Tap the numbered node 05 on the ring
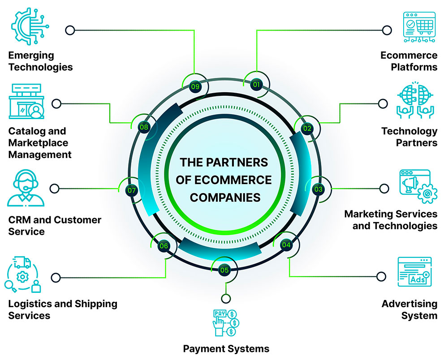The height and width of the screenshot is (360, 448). (224, 270)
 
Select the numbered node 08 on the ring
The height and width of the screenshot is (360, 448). (144, 127)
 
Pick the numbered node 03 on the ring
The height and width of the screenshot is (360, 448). (318, 189)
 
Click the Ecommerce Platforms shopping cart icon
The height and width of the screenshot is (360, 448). (419, 27)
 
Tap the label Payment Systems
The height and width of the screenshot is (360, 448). (226, 348)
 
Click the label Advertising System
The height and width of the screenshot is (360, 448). (409, 309)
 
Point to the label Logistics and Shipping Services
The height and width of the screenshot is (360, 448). (63, 309)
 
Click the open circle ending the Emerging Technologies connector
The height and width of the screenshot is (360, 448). (69, 30)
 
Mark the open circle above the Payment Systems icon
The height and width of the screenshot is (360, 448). (225, 298)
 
